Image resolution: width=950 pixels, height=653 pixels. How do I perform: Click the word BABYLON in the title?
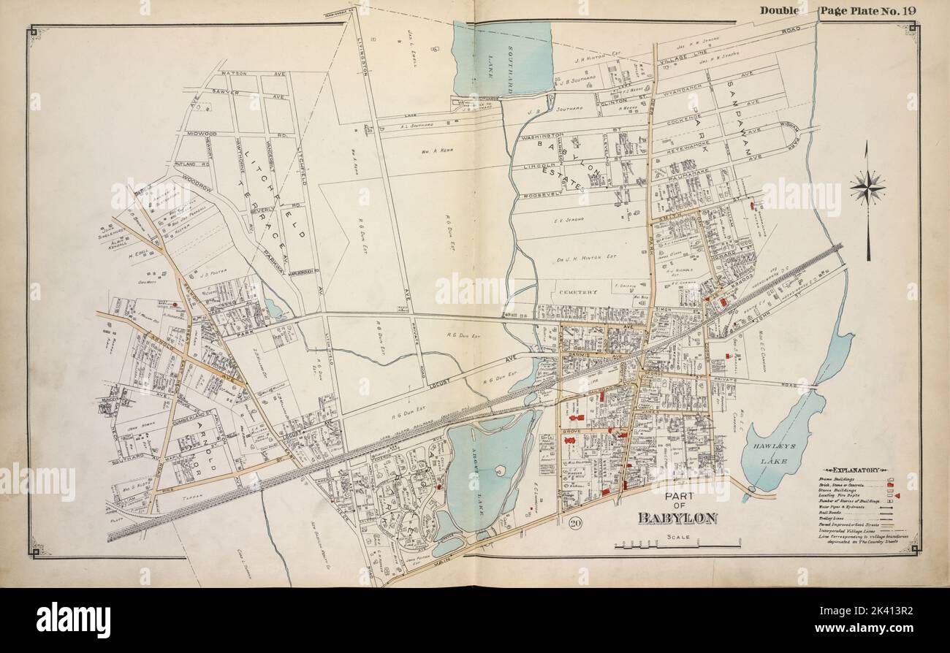677,518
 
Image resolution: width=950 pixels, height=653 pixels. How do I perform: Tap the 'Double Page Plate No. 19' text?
840,10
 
